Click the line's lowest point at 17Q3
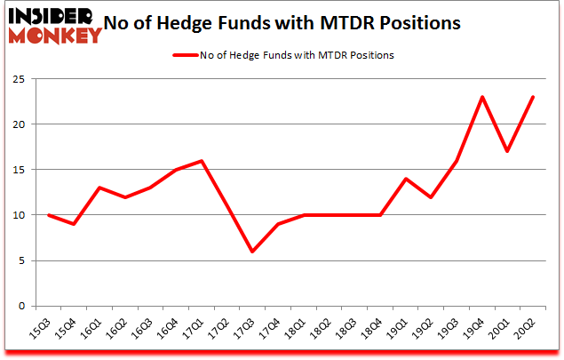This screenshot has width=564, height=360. pos(253,252)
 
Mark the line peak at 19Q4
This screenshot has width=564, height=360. pos(481,97)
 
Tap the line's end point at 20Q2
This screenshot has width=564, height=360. pos(532,97)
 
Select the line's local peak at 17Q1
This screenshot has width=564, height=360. pos(203,161)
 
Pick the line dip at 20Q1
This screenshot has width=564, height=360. pos(507,151)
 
